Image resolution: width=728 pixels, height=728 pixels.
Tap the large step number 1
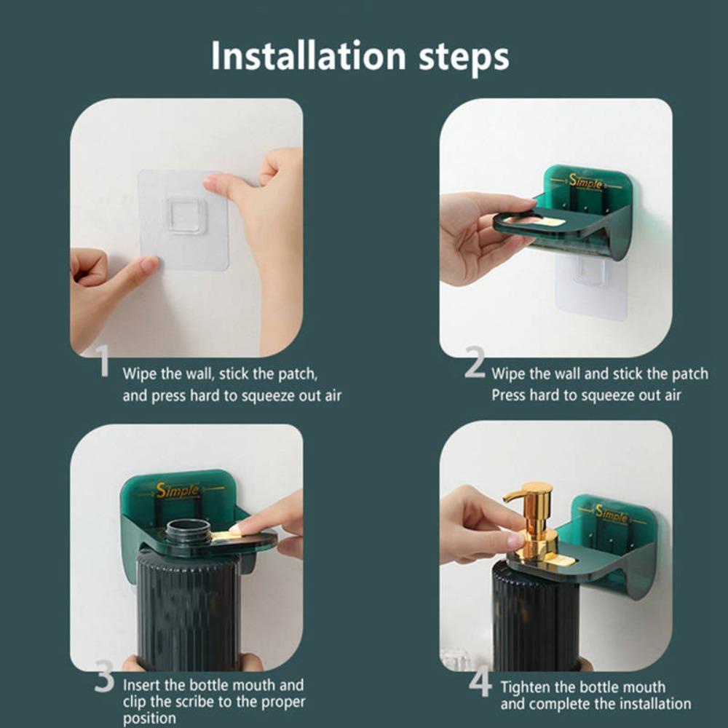pyautogui.click(x=104, y=361)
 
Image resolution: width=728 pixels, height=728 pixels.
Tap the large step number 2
pyautogui.click(x=475, y=362)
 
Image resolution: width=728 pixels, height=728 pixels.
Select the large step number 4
pyautogui.click(x=480, y=680)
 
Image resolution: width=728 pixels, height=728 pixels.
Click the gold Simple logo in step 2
pyautogui.click(x=586, y=182)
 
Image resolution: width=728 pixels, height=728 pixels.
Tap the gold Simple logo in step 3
pyautogui.click(x=178, y=490)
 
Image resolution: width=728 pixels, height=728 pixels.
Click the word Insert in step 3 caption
pyautogui.click(x=141, y=685)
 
